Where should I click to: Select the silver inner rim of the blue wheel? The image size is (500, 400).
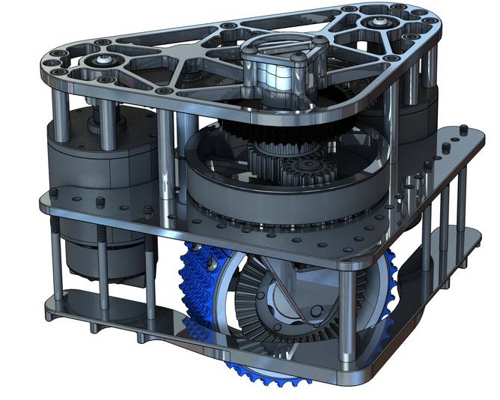coord(225,300)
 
